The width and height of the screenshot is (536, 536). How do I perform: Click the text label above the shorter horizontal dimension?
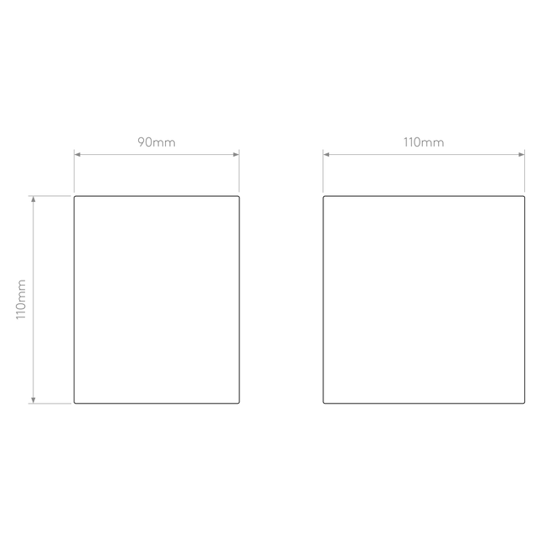pyautogui.click(x=157, y=142)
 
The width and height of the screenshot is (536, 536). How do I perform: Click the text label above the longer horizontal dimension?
pyautogui.click(x=424, y=142)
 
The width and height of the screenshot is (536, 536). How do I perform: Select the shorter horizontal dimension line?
pyautogui.click(x=157, y=155)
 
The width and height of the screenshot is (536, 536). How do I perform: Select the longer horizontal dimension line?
pyautogui.click(x=424, y=155)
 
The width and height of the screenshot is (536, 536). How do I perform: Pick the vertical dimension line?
pyautogui.click(x=33, y=299)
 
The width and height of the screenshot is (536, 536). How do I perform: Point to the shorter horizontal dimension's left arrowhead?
pyautogui.click(x=79, y=155)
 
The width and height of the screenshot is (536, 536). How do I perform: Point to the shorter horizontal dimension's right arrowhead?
pyautogui.click(x=235, y=155)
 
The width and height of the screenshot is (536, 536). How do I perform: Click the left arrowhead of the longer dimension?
pyautogui.click(x=327, y=155)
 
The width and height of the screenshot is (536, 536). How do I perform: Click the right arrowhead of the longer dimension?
pyautogui.click(x=520, y=155)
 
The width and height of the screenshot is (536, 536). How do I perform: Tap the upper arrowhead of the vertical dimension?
pyautogui.click(x=33, y=202)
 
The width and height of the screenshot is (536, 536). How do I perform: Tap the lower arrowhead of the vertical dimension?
pyautogui.click(x=33, y=399)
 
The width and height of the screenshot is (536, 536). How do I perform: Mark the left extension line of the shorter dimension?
pyautogui.click(x=75, y=172)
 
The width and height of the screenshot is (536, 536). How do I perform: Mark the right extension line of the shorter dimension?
pyautogui.click(x=240, y=172)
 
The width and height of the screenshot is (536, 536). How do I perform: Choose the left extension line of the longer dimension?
pyautogui.click(x=323, y=172)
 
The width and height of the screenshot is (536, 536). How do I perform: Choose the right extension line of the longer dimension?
pyautogui.click(x=524, y=172)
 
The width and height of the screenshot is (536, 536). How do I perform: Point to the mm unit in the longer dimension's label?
pyautogui.click(x=434, y=143)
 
